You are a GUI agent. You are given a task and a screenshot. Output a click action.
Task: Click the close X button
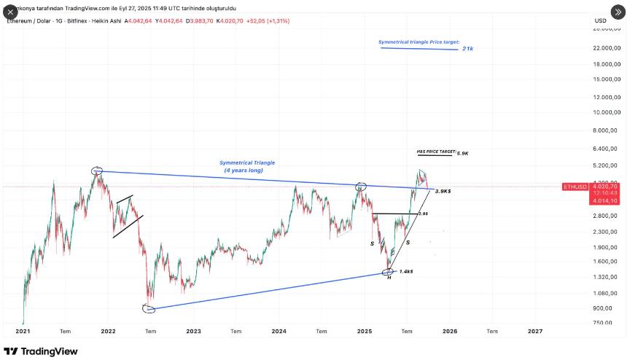(11, 12)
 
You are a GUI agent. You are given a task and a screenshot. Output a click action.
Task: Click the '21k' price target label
(468, 49)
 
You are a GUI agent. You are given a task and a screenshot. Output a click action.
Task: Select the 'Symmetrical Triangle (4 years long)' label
(247, 166)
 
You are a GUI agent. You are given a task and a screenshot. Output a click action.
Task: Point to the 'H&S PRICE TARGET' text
(435, 152)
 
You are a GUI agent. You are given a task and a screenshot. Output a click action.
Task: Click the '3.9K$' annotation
(443, 191)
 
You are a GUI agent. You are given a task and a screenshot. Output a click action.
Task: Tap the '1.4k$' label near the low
(407, 271)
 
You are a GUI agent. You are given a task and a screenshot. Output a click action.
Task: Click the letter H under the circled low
(389, 278)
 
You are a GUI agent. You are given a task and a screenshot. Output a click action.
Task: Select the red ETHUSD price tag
(575, 187)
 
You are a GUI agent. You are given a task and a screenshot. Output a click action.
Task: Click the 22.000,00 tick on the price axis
(606, 48)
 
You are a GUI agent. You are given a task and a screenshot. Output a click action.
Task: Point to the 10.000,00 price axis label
(606, 112)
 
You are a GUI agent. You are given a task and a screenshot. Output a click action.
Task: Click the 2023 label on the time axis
(193, 331)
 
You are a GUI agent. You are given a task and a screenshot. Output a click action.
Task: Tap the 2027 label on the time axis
(535, 331)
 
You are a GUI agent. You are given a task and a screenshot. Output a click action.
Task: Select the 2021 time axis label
(23, 331)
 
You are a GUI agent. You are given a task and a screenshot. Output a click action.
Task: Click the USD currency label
(600, 20)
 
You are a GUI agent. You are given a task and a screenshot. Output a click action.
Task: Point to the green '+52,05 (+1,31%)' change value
(268, 21)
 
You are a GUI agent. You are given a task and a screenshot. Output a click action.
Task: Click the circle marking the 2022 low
(149, 309)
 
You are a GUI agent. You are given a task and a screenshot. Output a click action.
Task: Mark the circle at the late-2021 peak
(97, 171)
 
